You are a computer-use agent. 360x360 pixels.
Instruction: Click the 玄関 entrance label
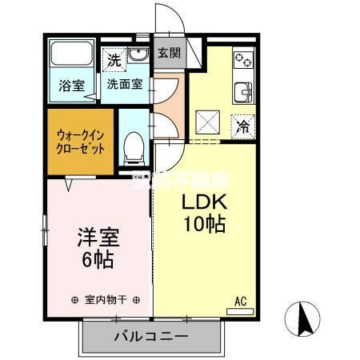168,54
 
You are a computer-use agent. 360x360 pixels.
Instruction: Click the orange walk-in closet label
79,142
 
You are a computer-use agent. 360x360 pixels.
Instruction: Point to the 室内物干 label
106,300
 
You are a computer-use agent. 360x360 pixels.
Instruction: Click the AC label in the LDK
239,302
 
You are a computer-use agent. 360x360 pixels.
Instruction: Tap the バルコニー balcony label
150,336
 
